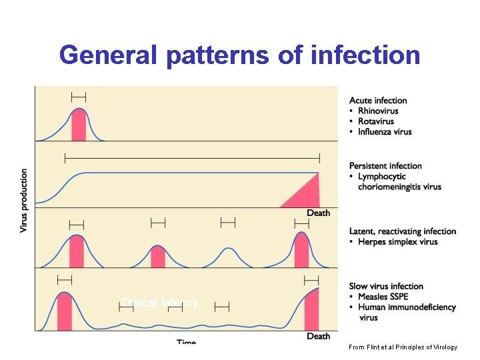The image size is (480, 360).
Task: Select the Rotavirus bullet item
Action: click(x=376, y=121)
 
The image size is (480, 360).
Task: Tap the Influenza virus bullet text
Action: click(x=385, y=132)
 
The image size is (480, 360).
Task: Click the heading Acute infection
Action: click(x=378, y=101)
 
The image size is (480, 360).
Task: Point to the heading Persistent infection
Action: click(x=385, y=166)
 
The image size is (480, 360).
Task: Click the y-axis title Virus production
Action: click(x=24, y=200)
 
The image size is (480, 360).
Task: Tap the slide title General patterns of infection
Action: click(x=239, y=55)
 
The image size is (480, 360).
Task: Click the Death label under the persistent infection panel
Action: click(x=318, y=213)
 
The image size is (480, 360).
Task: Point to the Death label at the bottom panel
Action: click(x=318, y=336)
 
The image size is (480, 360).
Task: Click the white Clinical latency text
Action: click(x=159, y=303)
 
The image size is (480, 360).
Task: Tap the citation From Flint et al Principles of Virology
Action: click(x=403, y=347)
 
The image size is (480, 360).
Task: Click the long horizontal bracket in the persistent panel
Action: click(x=192, y=158)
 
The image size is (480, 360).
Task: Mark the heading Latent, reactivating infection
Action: click(x=403, y=231)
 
